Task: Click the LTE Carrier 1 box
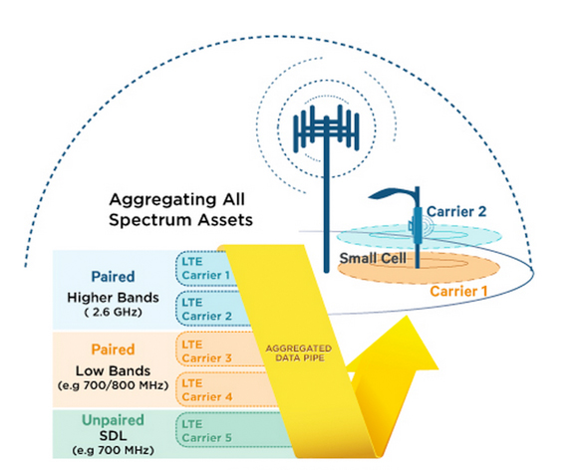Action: [204, 269]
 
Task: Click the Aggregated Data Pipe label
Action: [299, 352]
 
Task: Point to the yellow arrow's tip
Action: [406, 317]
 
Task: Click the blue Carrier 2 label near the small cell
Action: [456, 211]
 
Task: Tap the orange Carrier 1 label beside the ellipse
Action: [458, 291]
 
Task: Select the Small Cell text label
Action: [373, 258]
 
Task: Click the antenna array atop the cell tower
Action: [327, 128]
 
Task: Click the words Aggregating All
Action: [177, 199]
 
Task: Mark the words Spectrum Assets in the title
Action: [181, 220]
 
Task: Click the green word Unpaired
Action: [113, 420]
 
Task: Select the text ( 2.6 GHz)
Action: [113, 313]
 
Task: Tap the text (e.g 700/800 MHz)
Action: [113, 385]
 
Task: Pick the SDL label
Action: [113, 435]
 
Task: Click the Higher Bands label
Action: [113, 298]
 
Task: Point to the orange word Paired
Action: [113, 350]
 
